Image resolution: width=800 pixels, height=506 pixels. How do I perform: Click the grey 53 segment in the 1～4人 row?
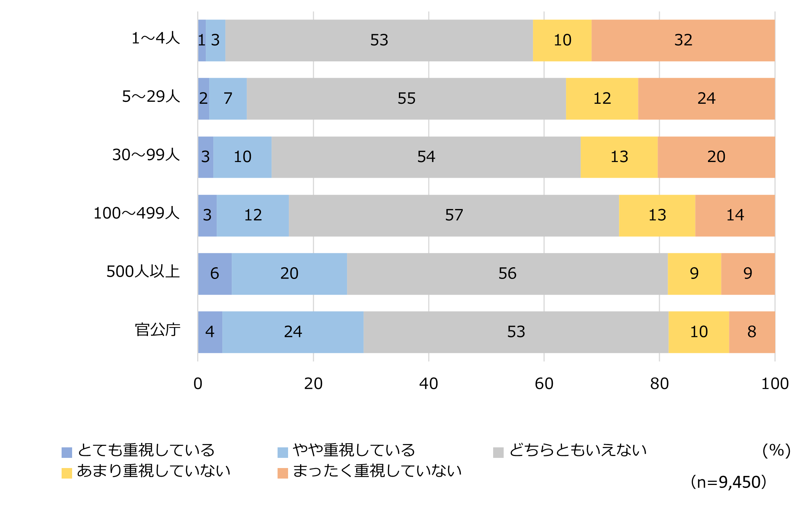[x=379, y=40]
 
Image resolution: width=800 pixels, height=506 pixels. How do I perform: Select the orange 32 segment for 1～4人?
[x=683, y=40]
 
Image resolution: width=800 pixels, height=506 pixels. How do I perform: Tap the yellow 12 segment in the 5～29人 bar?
[x=602, y=98]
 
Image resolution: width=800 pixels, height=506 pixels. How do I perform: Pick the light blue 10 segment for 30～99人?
[x=242, y=157]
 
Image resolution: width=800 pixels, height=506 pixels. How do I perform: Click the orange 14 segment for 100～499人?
[x=735, y=215]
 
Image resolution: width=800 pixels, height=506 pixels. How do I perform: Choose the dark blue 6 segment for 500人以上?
[x=214, y=274]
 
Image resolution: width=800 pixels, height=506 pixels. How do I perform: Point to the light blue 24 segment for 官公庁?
[x=293, y=332]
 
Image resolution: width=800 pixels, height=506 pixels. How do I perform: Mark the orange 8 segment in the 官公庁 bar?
[x=752, y=332]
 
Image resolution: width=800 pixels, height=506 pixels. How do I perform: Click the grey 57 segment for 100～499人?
[x=454, y=215]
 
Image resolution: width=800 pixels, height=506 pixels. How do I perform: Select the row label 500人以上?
[x=143, y=271]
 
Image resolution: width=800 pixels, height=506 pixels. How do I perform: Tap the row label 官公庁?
[x=157, y=330]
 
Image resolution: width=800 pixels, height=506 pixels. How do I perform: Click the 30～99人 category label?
[x=146, y=155]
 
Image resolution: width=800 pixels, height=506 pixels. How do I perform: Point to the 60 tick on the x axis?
[x=544, y=384]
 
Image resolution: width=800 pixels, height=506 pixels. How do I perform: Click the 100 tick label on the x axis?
[x=774, y=384]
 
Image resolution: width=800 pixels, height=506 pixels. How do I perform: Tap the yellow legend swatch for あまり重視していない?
[x=67, y=473]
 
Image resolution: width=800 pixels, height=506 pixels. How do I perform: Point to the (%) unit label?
[x=776, y=450]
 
